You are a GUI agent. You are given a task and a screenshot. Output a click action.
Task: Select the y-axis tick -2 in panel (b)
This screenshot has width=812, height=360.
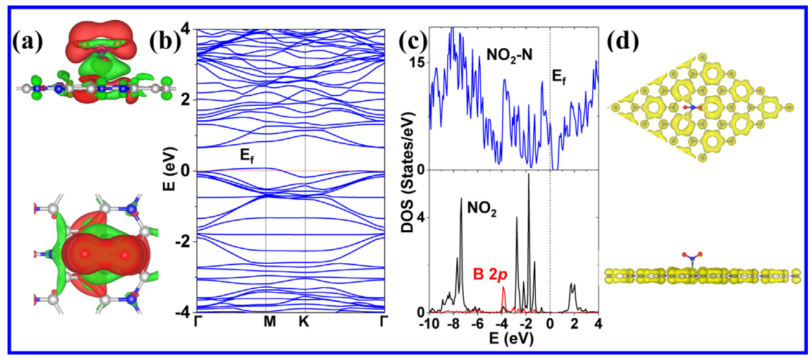(182, 242)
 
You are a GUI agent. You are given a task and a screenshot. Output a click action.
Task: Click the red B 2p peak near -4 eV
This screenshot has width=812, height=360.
(504, 290)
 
